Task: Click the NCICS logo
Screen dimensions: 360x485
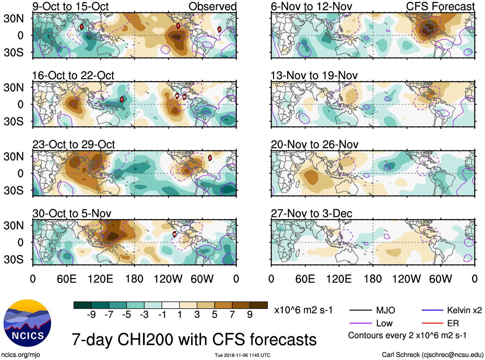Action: click(x=27, y=323)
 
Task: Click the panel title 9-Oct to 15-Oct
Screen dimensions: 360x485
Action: click(x=70, y=6)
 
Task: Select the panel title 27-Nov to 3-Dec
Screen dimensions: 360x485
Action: click(x=311, y=214)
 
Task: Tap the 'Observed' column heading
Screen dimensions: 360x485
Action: click(x=212, y=6)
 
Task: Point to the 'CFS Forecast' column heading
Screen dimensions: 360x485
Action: click(x=440, y=6)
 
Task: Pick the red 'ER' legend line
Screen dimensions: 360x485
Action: click(x=432, y=323)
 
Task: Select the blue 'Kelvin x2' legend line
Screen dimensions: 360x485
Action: click(x=432, y=310)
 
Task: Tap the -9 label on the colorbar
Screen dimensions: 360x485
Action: click(x=91, y=315)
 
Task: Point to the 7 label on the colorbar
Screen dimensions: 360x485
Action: click(x=232, y=315)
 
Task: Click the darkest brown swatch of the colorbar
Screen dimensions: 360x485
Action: click(x=259, y=305)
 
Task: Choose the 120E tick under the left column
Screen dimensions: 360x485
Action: click(x=100, y=279)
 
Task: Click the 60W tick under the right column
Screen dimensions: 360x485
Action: click(x=440, y=279)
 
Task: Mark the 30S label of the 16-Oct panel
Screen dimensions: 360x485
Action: click(x=13, y=121)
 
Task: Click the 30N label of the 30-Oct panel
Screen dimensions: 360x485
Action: click(x=13, y=225)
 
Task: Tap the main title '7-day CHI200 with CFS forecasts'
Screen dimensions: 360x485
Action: click(x=194, y=339)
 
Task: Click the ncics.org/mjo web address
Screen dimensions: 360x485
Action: click(x=21, y=355)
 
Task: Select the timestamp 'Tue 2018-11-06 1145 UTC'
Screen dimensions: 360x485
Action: click(x=242, y=355)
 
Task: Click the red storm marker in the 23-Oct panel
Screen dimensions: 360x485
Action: click(x=210, y=158)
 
